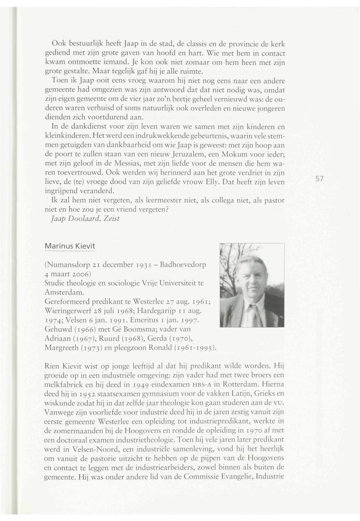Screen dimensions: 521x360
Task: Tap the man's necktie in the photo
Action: [x=254, y=313]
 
